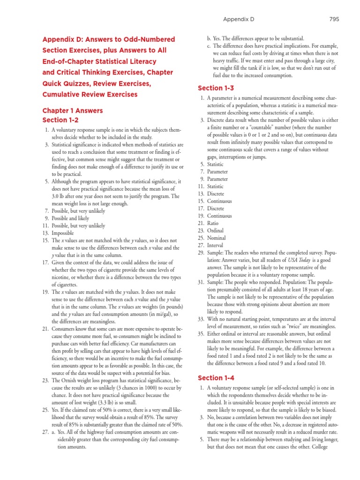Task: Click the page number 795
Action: [334, 19]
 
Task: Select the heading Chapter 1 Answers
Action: [73, 111]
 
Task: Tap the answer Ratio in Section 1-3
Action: [213, 223]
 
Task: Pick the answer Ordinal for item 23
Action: [215, 231]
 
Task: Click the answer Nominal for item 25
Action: [216, 238]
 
